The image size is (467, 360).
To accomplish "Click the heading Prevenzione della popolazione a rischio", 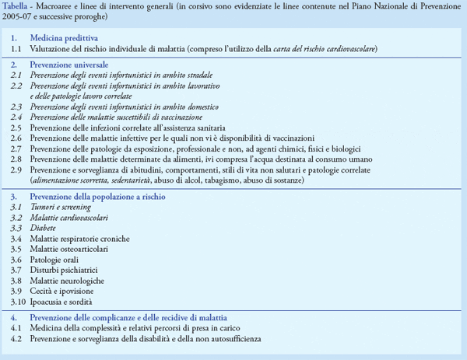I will (x=97, y=197).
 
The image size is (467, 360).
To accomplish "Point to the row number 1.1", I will (x=16, y=48).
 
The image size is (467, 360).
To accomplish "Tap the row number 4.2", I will (x=16, y=339).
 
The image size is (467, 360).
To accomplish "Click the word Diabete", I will (x=45, y=229).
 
